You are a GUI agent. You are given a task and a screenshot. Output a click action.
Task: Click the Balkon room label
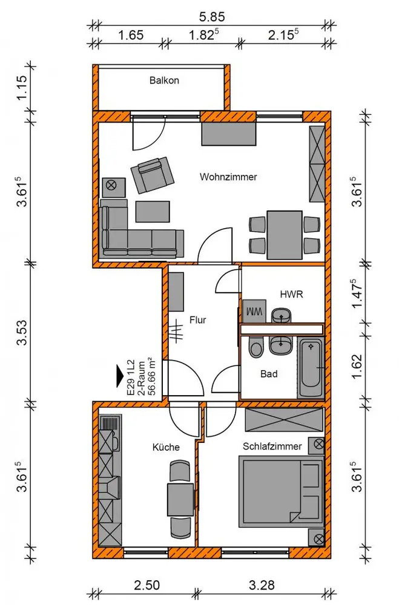click(164, 80)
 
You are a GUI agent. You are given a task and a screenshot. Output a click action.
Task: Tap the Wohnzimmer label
click(228, 177)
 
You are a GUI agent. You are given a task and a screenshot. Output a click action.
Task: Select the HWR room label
click(291, 295)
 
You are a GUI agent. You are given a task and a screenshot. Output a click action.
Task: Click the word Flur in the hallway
click(198, 320)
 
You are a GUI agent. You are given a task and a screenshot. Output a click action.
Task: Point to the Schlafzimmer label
click(272, 446)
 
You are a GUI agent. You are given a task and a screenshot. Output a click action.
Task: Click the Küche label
click(166, 447)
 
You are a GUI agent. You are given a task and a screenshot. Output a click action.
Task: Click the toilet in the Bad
click(255, 347)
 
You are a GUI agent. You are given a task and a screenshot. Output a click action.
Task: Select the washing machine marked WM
click(254, 311)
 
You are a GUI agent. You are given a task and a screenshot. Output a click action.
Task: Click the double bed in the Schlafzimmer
click(281, 491)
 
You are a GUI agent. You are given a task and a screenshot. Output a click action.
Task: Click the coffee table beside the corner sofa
click(153, 211)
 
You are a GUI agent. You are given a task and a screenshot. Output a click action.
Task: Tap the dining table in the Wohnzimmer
click(285, 235)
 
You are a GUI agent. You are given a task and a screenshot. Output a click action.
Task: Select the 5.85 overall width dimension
click(212, 16)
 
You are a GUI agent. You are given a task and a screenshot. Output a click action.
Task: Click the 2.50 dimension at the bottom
click(147, 585)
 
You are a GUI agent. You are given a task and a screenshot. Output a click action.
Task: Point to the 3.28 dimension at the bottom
click(262, 585)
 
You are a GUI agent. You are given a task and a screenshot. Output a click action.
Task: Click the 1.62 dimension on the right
click(357, 366)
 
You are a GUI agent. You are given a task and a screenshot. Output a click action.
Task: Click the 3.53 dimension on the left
click(22, 332)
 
